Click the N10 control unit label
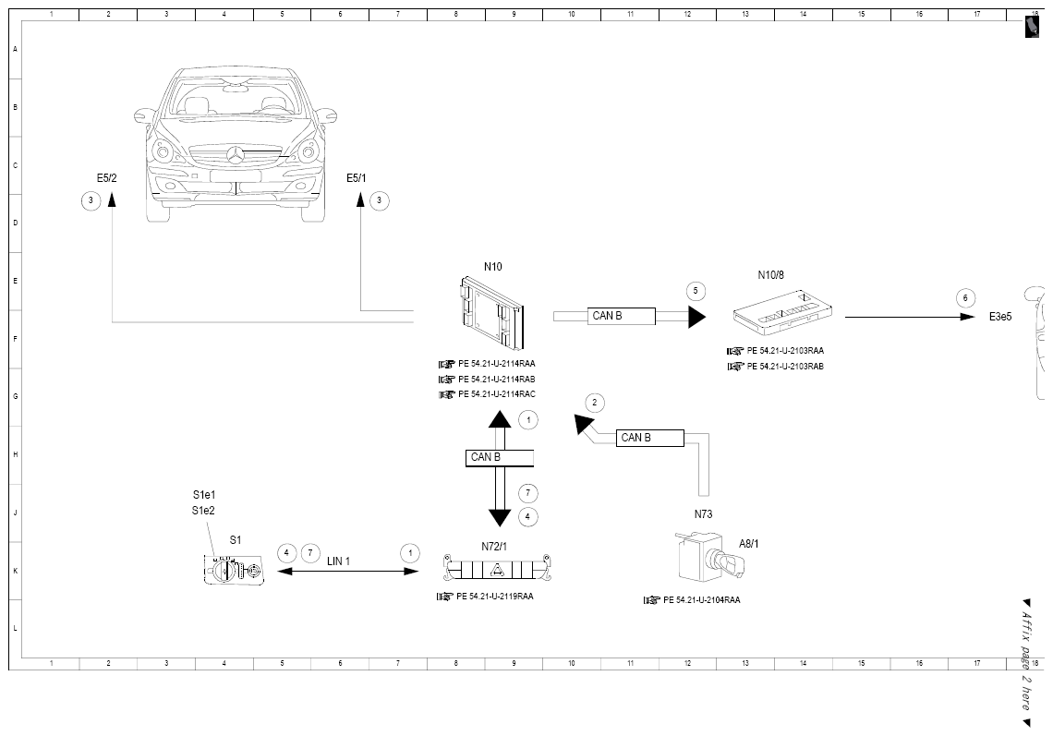pos(493,267)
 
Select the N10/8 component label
pos(771,274)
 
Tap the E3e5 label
pos(1000,317)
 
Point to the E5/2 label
pos(107,178)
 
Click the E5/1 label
pos(357,178)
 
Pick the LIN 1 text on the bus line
pos(338,561)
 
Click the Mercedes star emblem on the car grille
pos(236,156)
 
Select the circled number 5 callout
pos(696,291)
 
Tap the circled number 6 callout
pos(965,298)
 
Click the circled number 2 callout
pos(594,403)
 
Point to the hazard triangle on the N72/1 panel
pos(498,571)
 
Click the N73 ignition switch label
pos(703,513)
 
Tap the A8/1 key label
pos(749,544)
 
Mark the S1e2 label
pos(203,511)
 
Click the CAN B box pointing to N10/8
pos(622,316)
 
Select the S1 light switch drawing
pos(234,570)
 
